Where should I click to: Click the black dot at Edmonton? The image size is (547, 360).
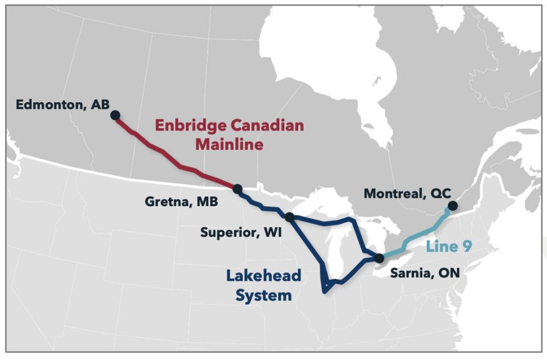[x=115, y=115]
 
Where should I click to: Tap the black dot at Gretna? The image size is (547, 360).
[x=238, y=189]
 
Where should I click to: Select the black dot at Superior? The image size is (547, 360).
[x=289, y=216]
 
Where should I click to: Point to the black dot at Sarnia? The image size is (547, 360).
[x=379, y=259]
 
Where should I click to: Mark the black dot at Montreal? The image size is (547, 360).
[x=452, y=206]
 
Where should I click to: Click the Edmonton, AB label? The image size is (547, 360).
[x=63, y=104]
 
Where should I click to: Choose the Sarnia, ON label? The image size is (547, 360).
[x=424, y=273]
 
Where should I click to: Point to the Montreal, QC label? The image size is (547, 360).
[x=403, y=194]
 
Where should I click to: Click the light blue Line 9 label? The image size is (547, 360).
[x=450, y=247]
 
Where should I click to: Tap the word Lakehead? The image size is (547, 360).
[x=263, y=277]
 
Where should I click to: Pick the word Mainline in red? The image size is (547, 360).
[x=229, y=145]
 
